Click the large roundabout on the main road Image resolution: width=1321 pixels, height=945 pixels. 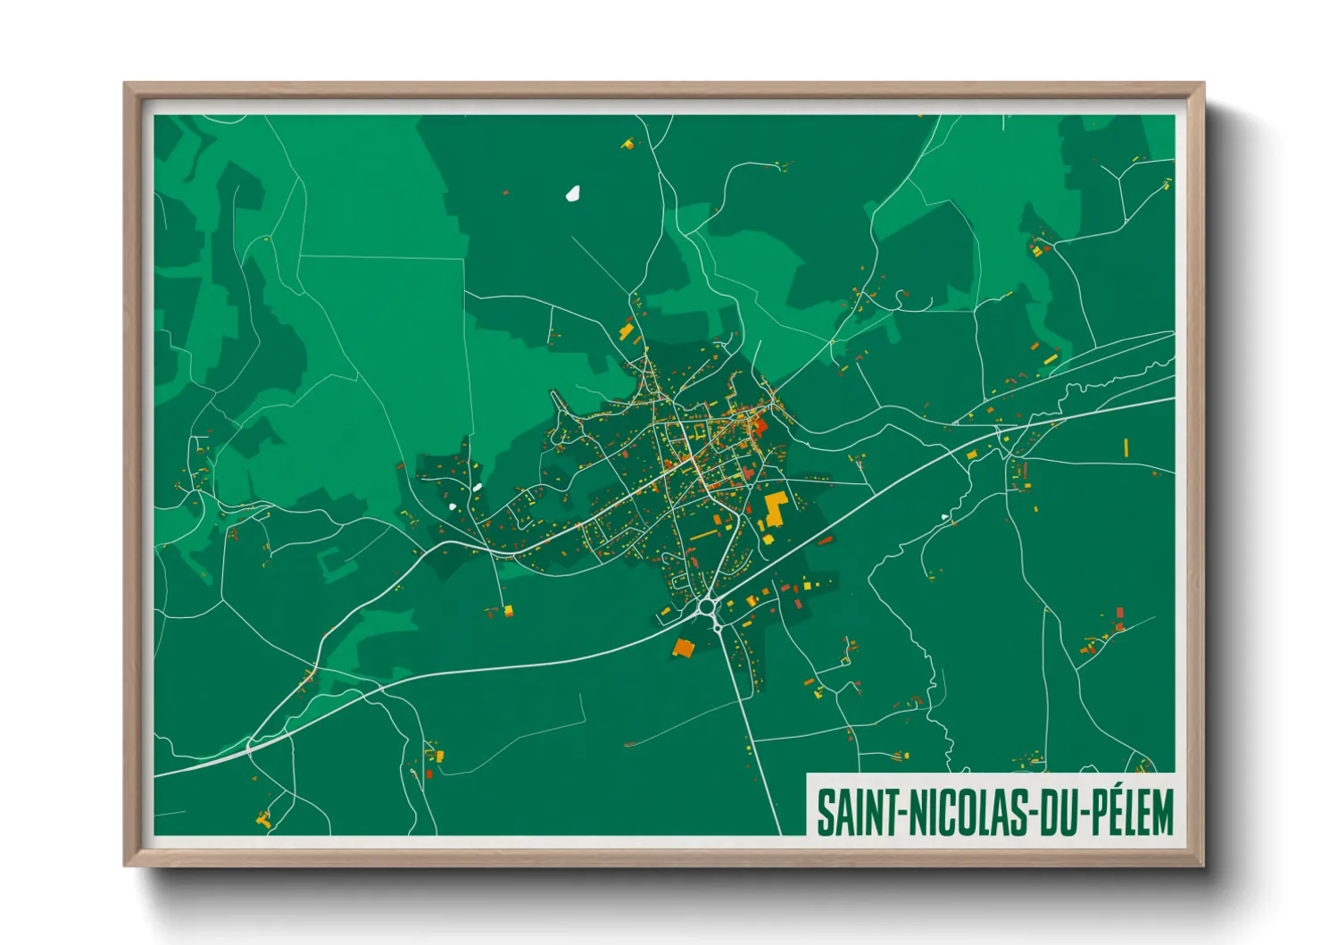708,607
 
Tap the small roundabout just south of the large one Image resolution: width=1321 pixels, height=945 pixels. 718,629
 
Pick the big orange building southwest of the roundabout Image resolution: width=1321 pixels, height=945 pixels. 684,648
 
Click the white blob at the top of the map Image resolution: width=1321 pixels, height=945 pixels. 573,193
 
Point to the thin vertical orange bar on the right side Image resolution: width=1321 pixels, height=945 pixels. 1126,447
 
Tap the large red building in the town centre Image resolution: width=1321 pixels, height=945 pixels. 760,425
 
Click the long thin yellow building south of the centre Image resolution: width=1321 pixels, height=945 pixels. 703,534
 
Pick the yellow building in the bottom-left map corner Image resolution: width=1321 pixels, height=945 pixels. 263,818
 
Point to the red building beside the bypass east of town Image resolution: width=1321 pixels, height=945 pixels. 826,540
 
